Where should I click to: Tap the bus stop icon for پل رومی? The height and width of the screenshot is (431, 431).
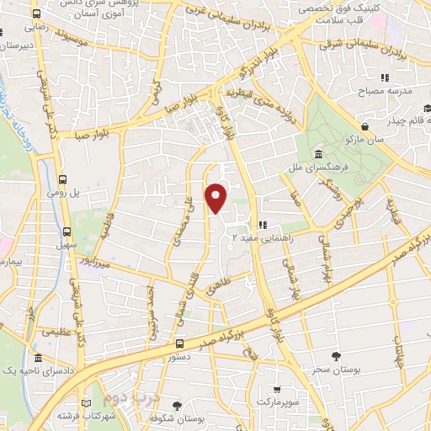[65, 179]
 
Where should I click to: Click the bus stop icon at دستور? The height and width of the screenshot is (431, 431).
[179, 343]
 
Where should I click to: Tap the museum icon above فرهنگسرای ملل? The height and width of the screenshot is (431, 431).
[318, 155]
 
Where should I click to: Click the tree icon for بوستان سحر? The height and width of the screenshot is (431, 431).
[337, 357]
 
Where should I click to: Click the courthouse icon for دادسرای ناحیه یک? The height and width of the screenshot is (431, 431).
[39, 359]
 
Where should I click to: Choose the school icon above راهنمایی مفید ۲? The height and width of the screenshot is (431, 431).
[262, 226]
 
